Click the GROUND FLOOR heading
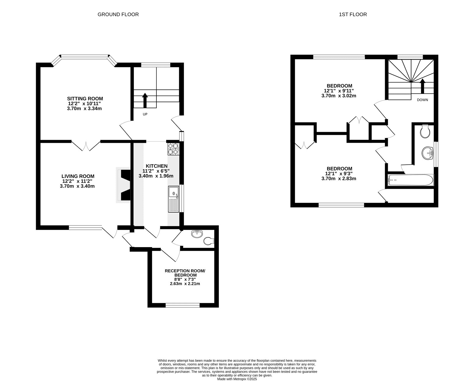[x=118, y=14]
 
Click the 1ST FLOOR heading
[x=353, y=14]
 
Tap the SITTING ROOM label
[x=85, y=98]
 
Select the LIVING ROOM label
[x=78, y=176]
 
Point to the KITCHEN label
[x=156, y=166]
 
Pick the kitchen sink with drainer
[x=173, y=199]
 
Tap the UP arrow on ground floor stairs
[x=145, y=100]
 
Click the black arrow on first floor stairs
[x=422, y=86]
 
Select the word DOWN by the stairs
[x=422, y=100]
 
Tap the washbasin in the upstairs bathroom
[x=427, y=153]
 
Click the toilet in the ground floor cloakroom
[x=209, y=241]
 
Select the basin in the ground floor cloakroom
[x=197, y=234]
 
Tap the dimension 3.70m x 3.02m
[x=339, y=96]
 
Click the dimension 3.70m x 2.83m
[x=339, y=179]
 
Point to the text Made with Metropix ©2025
[x=237, y=379]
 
